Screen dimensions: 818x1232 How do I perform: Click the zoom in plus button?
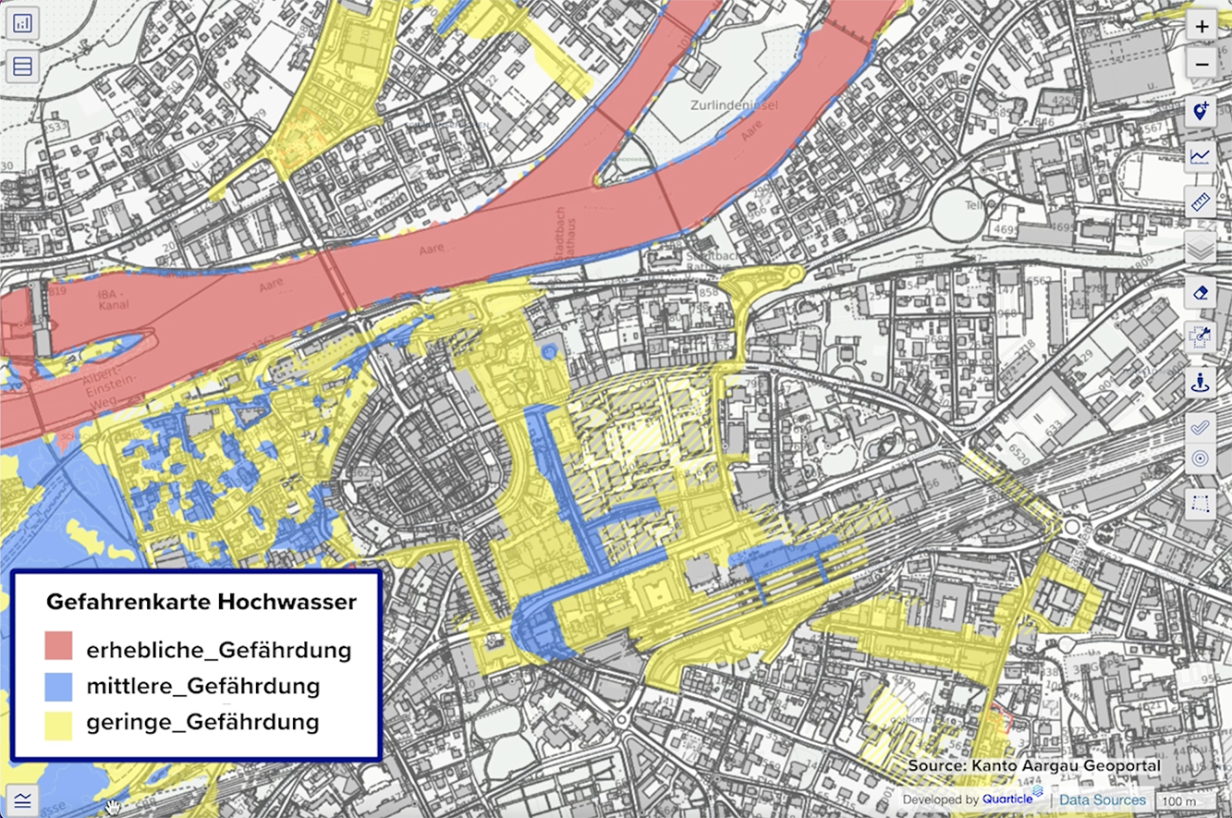pos(1201,27)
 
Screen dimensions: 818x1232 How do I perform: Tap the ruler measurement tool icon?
pos(1201,201)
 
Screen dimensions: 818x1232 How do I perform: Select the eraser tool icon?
pos(1201,293)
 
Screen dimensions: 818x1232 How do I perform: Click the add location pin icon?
pos(1201,112)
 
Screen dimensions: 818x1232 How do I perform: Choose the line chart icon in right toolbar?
pos(1201,156)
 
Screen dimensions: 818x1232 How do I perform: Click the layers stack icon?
pos(1201,247)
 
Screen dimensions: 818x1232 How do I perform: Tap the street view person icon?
pos(1201,383)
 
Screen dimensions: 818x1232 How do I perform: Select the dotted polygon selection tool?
pos(1201,504)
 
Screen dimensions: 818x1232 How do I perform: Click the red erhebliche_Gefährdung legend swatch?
pos(58,647)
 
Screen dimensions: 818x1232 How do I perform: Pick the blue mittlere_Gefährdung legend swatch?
pos(58,686)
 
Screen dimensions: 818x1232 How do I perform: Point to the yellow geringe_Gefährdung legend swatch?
pos(58,722)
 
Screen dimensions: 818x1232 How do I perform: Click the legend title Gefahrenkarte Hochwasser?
pos(201,603)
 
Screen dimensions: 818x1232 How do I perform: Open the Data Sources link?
pos(1102,800)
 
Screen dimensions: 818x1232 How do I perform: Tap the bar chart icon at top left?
pos(23,23)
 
